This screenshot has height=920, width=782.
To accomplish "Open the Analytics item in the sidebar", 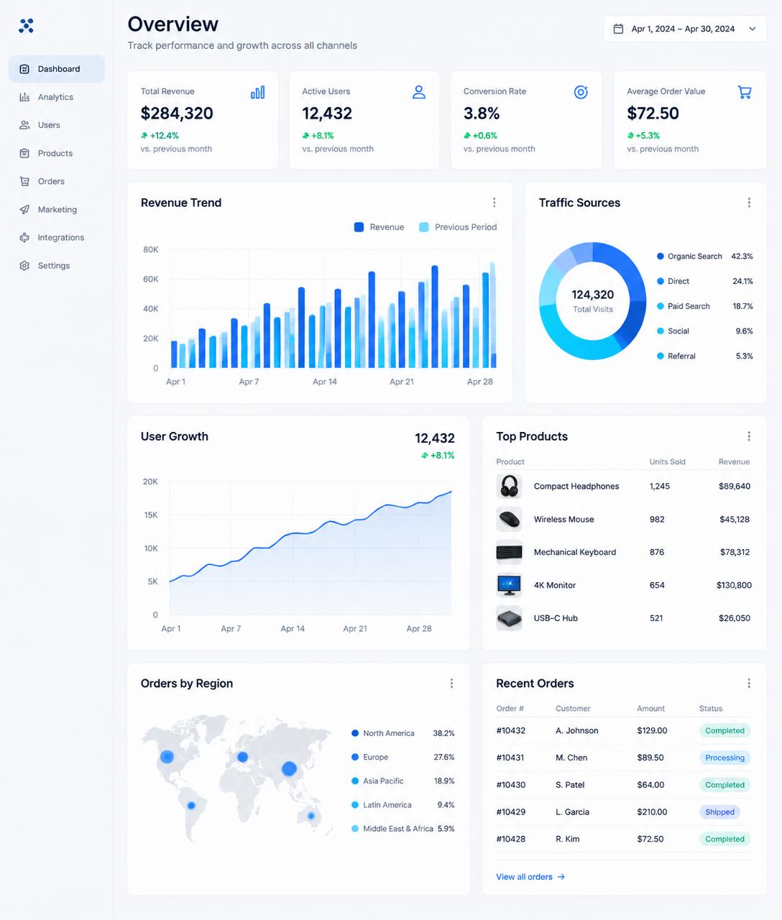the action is tap(46, 97).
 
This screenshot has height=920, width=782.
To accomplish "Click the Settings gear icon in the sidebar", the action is tap(24, 266).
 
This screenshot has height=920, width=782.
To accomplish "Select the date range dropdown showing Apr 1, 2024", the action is tap(684, 29).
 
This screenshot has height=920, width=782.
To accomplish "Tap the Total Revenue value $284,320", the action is tap(177, 114).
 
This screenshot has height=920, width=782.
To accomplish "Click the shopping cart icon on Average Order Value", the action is tap(745, 92).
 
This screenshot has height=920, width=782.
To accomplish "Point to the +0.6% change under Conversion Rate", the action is tap(480, 136).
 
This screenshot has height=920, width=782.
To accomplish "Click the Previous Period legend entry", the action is tap(458, 227).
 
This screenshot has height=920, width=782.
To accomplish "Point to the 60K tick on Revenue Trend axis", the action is tap(150, 279).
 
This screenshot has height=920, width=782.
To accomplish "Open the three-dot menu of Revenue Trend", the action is tap(494, 203).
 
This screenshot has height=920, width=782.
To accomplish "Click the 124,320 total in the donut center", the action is tap(592, 295).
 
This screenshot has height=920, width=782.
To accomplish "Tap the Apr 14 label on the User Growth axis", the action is tap(293, 628).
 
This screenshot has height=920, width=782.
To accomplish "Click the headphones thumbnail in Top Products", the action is tap(509, 486).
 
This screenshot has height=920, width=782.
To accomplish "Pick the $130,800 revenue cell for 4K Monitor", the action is tap(734, 585).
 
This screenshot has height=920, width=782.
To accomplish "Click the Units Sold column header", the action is tap(667, 462).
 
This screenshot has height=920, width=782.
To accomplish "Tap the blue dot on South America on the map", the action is tap(191, 806).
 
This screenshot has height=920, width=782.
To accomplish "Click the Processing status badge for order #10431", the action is tap(724, 758).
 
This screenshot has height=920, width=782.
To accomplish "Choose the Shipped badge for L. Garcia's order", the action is tap(719, 812).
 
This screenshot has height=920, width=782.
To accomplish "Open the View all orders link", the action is tap(530, 877).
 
